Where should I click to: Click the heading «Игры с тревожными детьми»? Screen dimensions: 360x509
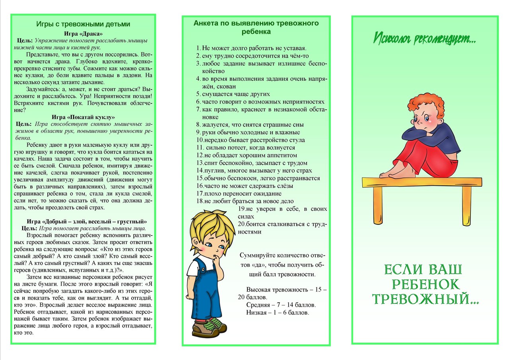83,24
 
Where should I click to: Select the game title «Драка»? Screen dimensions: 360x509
83,33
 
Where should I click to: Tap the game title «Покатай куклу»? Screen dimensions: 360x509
83,117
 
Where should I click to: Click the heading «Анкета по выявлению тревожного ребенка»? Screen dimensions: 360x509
256,27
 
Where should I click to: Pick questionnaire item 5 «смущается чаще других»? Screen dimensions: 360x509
235,94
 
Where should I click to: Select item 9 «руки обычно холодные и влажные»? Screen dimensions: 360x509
251,132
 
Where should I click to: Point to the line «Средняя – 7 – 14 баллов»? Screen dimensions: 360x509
281,305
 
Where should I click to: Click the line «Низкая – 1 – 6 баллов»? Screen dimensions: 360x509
278,313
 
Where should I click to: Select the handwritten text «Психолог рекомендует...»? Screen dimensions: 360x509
424,39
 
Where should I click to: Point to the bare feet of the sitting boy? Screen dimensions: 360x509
392,174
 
